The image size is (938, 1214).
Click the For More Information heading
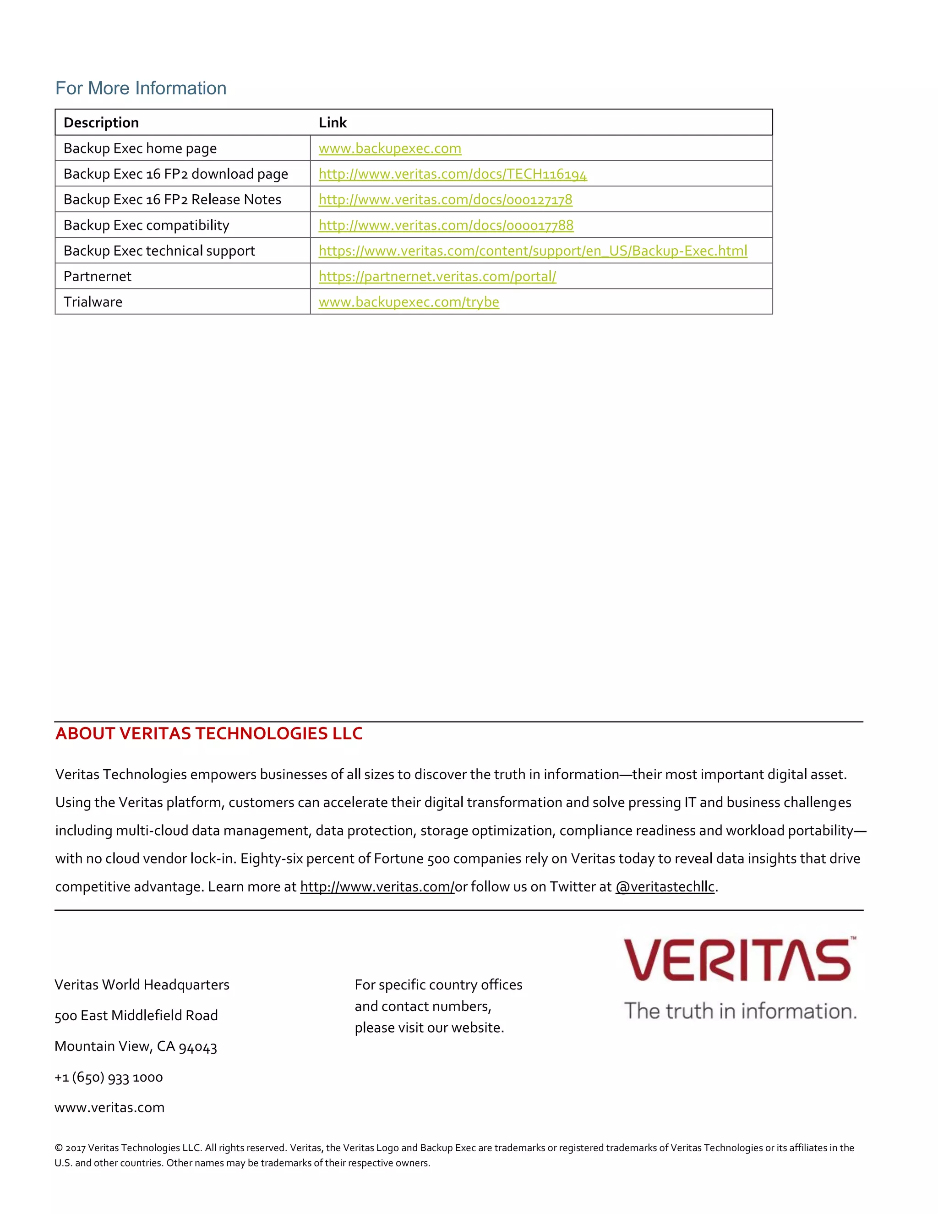click(141, 88)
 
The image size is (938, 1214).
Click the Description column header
click(101, 122)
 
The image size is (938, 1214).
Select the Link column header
click(333, 122)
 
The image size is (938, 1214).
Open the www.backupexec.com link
click(390, 148)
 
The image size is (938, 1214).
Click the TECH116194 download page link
click(453, 174)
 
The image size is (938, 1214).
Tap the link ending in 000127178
click(445, 200)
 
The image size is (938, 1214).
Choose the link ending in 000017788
click(446, 225)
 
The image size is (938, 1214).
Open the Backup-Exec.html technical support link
click(532, 251)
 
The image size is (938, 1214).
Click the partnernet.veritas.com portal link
click(437, 276)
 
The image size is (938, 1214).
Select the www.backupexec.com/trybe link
click(409, 302)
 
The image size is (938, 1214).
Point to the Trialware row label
click(93, 302)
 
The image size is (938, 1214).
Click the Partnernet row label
click(97, 276)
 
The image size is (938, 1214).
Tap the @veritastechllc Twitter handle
click(665, 886)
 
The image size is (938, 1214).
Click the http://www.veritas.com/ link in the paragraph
click(377, 886)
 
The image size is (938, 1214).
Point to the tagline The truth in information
click(740, 1011)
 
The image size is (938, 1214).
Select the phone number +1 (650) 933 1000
click(109, 1077)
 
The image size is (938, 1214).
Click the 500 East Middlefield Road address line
click(136, 1016)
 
